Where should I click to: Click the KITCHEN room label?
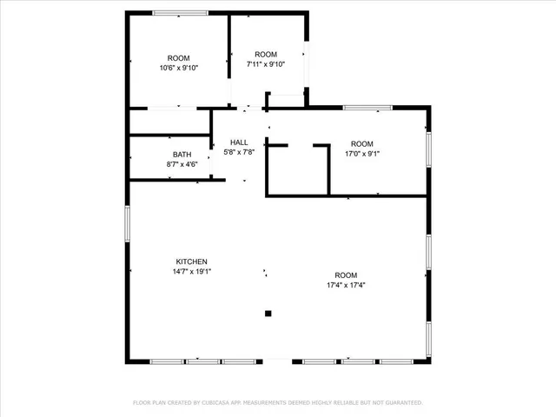tap(192, 261)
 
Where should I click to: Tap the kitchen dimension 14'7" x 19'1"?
tap(192, 271)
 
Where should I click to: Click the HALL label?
tap(239, 142)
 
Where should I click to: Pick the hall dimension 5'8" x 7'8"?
tap(239, 153)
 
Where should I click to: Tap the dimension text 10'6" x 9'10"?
tap(178, 68)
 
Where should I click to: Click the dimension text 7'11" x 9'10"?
tap(266, 63)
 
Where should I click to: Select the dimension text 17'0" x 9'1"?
tap(361, 154)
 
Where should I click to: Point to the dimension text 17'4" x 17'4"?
tap(346, 284)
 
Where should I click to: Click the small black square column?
tap(268, 314)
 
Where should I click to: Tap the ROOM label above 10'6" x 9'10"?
tap(178, 58)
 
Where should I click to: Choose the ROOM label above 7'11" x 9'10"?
tap(266, 54)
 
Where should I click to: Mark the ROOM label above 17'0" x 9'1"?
tap(361, 143)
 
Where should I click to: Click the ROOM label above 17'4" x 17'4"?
tap(346, 274)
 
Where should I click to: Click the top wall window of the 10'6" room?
tap(180, 12)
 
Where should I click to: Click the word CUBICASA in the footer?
tap(214, 403)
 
